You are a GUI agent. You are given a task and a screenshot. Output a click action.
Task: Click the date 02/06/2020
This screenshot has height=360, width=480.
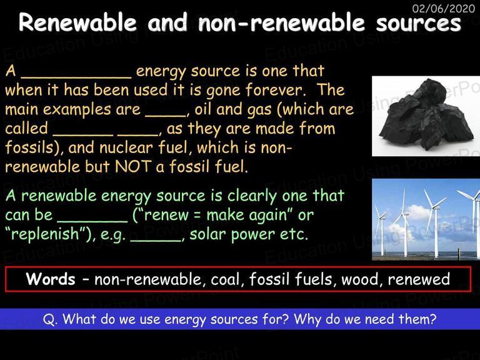click(x=444, y=8)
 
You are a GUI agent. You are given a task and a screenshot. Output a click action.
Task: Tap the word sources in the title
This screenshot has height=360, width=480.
click(x=418, y=24)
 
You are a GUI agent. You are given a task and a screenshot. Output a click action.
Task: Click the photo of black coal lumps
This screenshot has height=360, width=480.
click(x=426, y=116)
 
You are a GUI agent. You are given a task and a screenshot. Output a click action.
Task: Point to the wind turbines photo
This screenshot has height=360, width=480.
click(x=426, y=219)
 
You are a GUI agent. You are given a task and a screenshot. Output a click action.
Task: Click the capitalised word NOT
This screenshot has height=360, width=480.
click(x=133, y=166)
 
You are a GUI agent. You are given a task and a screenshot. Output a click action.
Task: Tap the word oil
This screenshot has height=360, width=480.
click(x=203, y=109)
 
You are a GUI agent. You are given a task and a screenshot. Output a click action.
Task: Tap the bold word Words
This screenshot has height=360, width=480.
click(x=51, y=279)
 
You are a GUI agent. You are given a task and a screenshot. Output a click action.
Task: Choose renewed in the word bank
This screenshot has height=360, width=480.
click(x=419, y=279)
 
